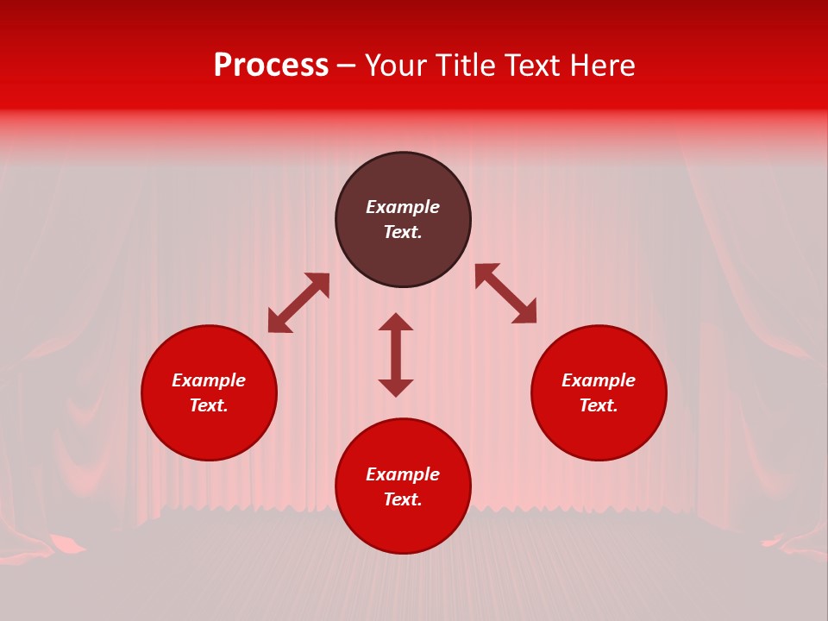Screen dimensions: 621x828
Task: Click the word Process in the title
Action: coord(271,66)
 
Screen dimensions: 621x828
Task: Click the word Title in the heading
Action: coord(465,66)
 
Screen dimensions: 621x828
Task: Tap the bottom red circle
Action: coord(403,526)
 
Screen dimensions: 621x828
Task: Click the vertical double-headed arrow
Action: coord(396,354)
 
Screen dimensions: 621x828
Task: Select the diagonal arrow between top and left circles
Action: coord(298,303)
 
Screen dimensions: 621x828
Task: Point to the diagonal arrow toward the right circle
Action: coord(505,293)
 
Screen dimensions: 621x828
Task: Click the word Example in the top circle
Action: coord(403,207)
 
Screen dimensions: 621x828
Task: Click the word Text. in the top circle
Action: coord(403,232)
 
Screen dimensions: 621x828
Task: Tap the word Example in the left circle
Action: coord(209,380)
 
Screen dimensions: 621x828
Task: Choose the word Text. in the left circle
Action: coord(209,405)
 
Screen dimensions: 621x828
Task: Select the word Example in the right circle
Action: coord(599,380)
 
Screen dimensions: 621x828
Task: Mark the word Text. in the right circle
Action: coord(599,405)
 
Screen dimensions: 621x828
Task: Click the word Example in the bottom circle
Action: coord(403,474)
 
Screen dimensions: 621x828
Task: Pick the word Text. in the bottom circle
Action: coord(403,499)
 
